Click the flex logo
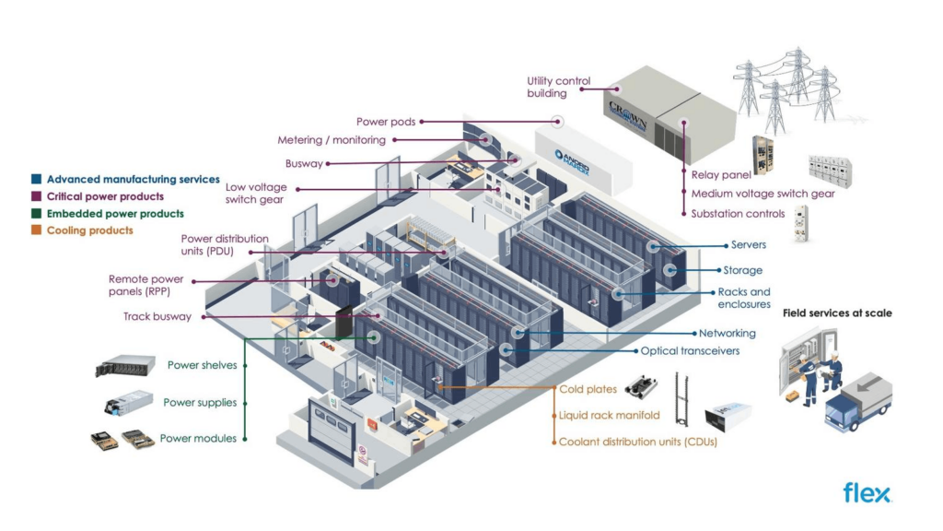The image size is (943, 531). tap(867, 493)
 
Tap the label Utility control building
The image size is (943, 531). tap(558, 87)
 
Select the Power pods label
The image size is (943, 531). tap(386, 121)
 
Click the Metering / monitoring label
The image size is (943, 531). tap(332, 140)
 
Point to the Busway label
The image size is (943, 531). tap(304, 163)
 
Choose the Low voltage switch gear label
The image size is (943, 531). tap(255, 193)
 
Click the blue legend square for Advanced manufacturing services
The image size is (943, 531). tap(36, 180)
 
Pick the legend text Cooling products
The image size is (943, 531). tap(89, 230)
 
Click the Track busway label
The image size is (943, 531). tap(157, 316)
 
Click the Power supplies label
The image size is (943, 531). tap(200, 402)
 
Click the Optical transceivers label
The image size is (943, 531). tap(690, 350)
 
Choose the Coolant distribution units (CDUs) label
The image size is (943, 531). tap(637, 442)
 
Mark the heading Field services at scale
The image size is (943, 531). tap(836, 313)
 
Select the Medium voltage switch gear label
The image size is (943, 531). tap(763, 194)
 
